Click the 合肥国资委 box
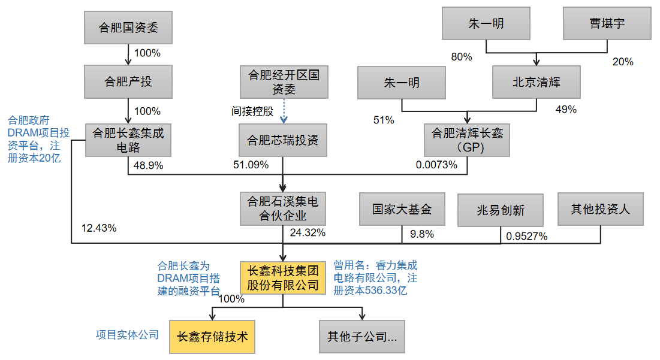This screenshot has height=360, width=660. click(x=128, y=28)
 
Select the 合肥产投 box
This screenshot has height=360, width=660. click(x=128, y=82)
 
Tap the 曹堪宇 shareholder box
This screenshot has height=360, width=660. click(x=607, y=23)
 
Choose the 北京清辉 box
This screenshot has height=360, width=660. click(x=537, y=82)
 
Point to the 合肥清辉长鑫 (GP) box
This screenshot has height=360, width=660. click(x=468, y=141)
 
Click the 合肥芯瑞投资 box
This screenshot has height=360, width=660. click(x=284, y=141)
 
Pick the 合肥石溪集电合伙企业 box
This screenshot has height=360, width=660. click(x=283, y=208)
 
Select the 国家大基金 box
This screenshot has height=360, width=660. click(x=402, y=209)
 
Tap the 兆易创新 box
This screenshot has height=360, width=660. click(x=501, y=210)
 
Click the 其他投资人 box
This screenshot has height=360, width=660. click(x=600, y=209)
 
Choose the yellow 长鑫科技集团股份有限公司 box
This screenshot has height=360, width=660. click(x=283, y=277)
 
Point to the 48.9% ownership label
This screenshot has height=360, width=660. click(x=147, y=165)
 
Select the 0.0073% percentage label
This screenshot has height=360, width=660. click(x=436, y=165)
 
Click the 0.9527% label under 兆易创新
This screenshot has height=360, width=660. click(x=527, y=236)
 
